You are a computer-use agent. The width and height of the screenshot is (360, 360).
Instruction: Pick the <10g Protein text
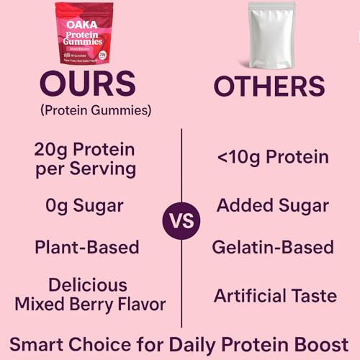[272, 157]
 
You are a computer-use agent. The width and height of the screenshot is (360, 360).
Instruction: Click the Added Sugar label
[272, 206]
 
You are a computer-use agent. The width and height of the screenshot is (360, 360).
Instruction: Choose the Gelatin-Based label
[272, 247]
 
